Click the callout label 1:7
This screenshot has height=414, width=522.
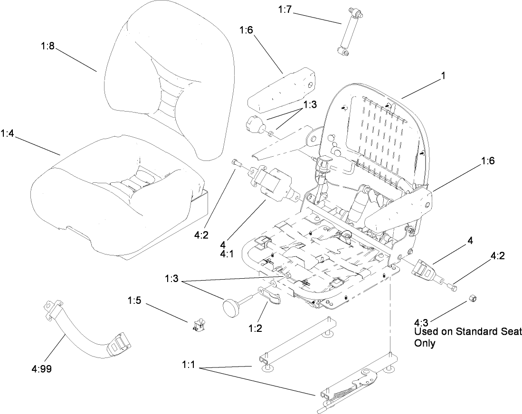[285, 9]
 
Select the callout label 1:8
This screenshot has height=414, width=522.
[47, 47]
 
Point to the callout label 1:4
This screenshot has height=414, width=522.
[9, 134]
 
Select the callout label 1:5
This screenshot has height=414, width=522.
[135, 301]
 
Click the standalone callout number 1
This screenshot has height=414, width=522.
[443, 75]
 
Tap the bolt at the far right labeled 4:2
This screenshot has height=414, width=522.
[453, 286]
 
